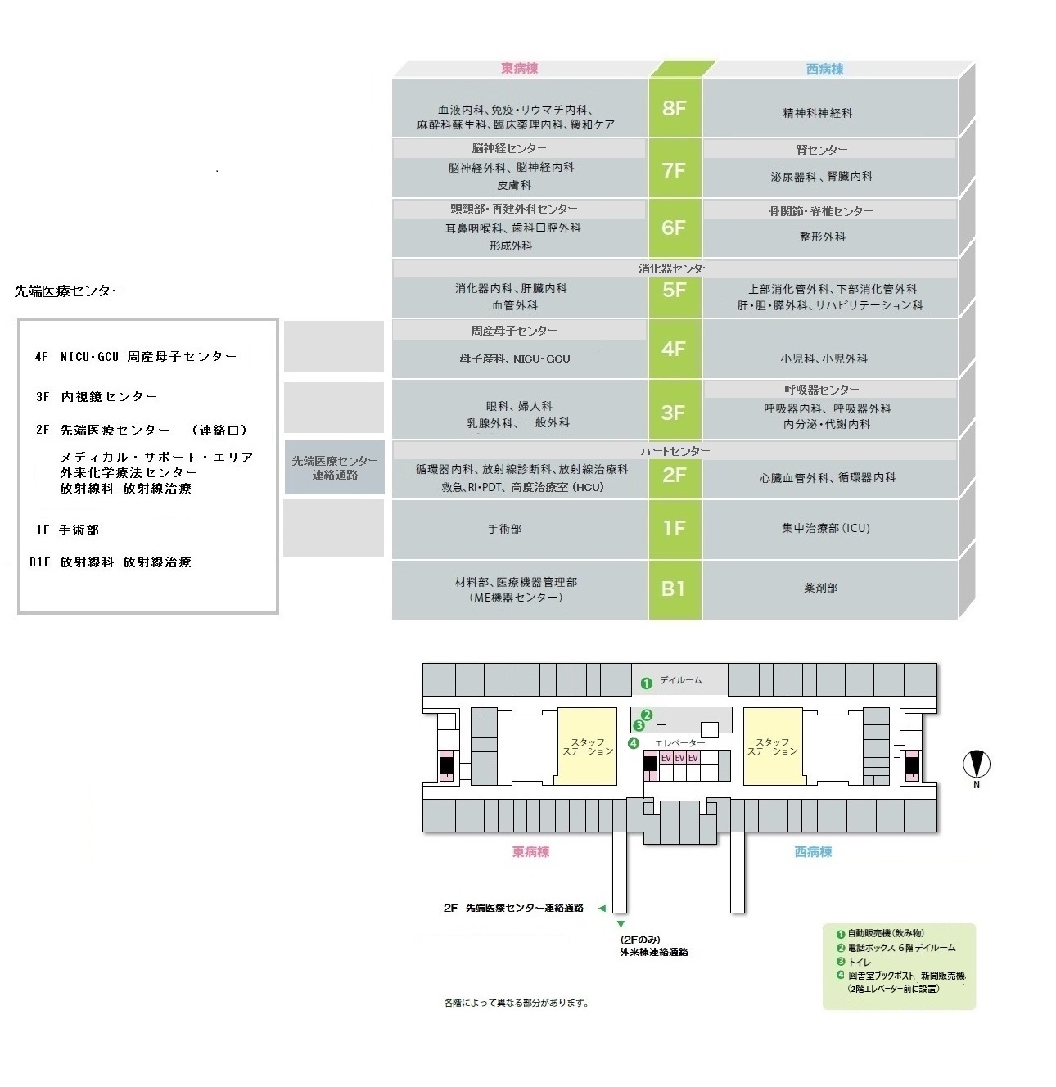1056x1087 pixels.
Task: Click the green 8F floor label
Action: click(x=674, y=108)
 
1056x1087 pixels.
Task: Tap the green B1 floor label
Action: click(x=674, y=589)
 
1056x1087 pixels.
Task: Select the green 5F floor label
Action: click(x=674, y=291)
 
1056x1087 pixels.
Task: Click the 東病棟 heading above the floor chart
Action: click(x=519, y=69)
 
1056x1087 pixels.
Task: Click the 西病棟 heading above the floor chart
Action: click(x=824, y=70)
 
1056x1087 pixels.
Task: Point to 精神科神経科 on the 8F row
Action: click(x=817, y=113)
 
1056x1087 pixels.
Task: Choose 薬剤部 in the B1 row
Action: click(x=820, y=588)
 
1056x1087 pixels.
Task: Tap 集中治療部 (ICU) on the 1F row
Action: click(x=825, y=529)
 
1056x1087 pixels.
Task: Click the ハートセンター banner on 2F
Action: click(x=675, y=451)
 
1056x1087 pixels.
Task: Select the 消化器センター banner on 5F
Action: click(x=675, y=268)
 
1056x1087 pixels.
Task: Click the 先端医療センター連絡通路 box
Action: click(x=334, y=467)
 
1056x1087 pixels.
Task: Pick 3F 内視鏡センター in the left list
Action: click(x=97, y=397)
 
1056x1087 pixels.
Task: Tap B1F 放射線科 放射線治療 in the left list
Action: click(x=111, y=562)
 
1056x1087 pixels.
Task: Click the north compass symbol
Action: click(x=976, y=765)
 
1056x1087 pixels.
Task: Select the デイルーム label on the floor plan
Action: click(x=680, y=680)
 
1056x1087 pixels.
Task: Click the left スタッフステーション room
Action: click(x=587, y=746)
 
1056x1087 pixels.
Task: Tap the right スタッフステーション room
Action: click(x=772, y=746)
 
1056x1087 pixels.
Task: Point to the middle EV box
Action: click(x=679, y=758)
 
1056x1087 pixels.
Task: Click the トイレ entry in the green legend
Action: click(x=860, y=962)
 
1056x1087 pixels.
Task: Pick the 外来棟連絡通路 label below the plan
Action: click(x=653, y=952)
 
